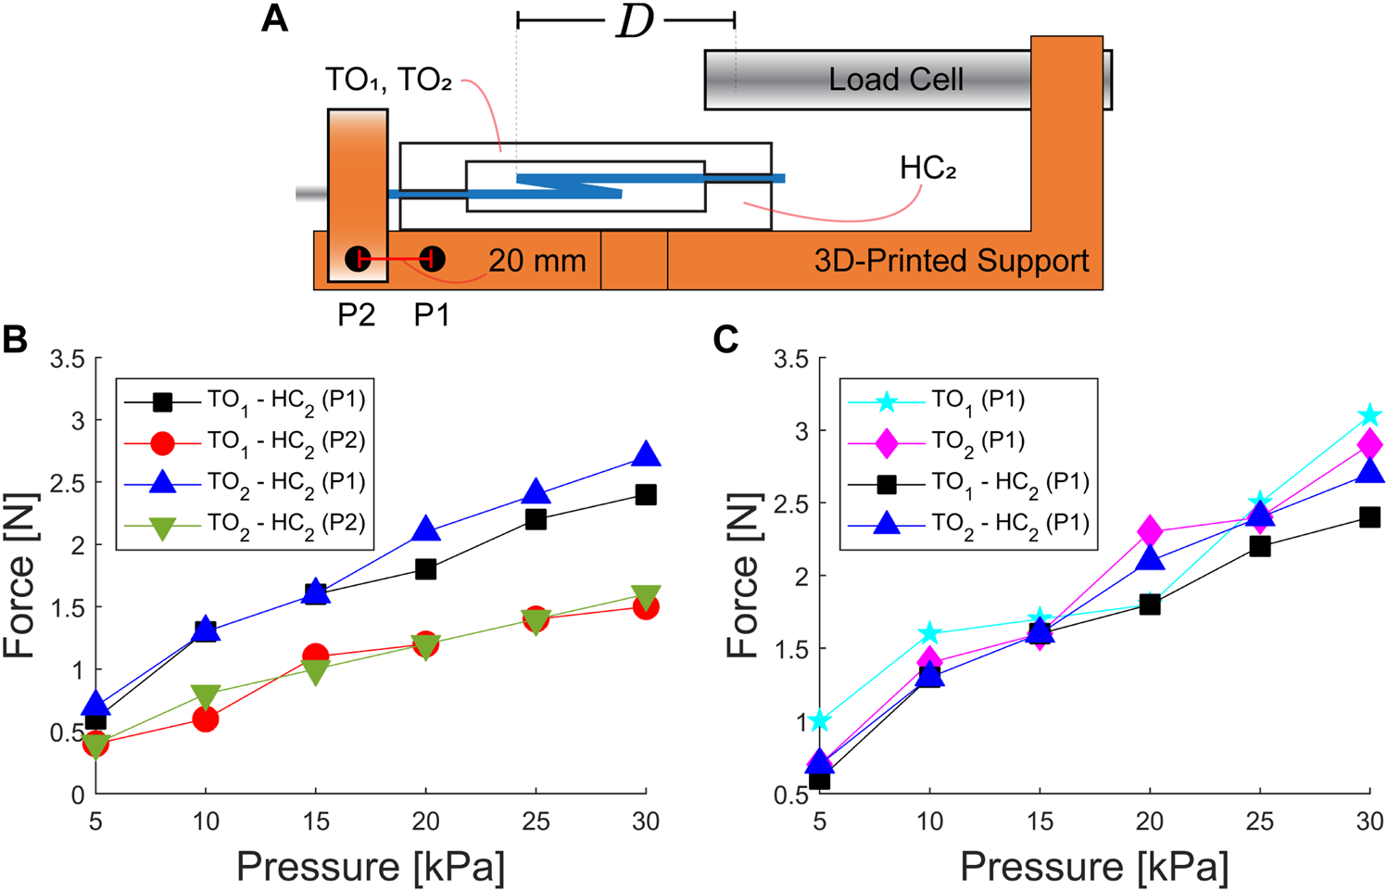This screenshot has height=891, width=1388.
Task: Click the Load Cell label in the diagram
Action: pos(895,80)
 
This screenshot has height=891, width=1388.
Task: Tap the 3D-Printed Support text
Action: pos(951,261)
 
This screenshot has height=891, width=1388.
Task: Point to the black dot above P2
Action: pos(358,260)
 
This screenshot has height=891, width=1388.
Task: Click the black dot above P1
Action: pos(432,260)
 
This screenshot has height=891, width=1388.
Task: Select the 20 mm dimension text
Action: pos(537,261)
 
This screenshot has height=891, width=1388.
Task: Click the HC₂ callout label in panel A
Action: pos(927,168)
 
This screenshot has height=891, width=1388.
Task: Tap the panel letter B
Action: pos(16,340)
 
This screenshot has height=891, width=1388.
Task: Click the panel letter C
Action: pos(726,340)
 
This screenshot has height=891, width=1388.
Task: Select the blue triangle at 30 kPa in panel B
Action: pos(646,455)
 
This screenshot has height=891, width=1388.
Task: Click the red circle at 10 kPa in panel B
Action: pos(206,719)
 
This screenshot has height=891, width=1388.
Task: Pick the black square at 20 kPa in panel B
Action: pos(425,569)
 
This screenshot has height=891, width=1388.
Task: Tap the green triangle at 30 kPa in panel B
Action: pos(646,596)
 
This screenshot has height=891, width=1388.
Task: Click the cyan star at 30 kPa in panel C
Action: pos(1369,415)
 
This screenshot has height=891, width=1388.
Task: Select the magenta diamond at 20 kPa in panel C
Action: pos(1150,531)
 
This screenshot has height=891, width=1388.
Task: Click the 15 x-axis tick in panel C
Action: pos(1040,821)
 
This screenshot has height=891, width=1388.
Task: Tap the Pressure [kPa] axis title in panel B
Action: pos(371,867)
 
